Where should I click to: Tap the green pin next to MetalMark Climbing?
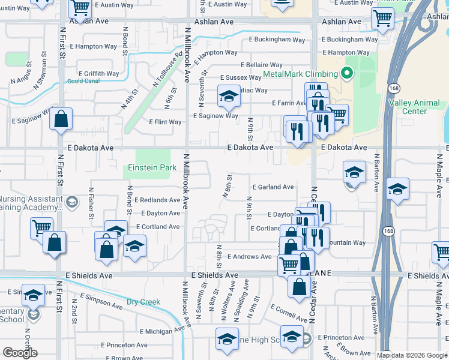click(x=346, y=74)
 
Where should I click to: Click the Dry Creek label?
click(x=143, y=302)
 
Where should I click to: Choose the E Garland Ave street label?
click(x=273, y=187)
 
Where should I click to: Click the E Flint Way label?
click(x=165, y=122)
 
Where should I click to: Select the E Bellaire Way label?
click(x=261, y=65)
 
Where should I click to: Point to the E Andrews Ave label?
click(x=249, y=256)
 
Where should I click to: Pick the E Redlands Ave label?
click(x=157, y=200)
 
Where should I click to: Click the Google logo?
click(x=20, y=353)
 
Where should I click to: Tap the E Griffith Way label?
click(x=98, y=74)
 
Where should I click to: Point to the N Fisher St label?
click(x=91, y=206)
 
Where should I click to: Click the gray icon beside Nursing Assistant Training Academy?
click(x=72, y=201)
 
